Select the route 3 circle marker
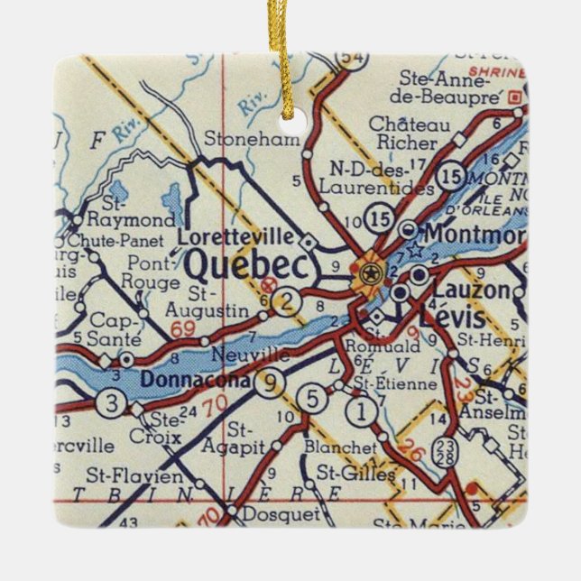point(110,402)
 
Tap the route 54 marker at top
point(347,57)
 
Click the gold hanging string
point(291,54)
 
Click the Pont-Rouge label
point(153,273)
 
